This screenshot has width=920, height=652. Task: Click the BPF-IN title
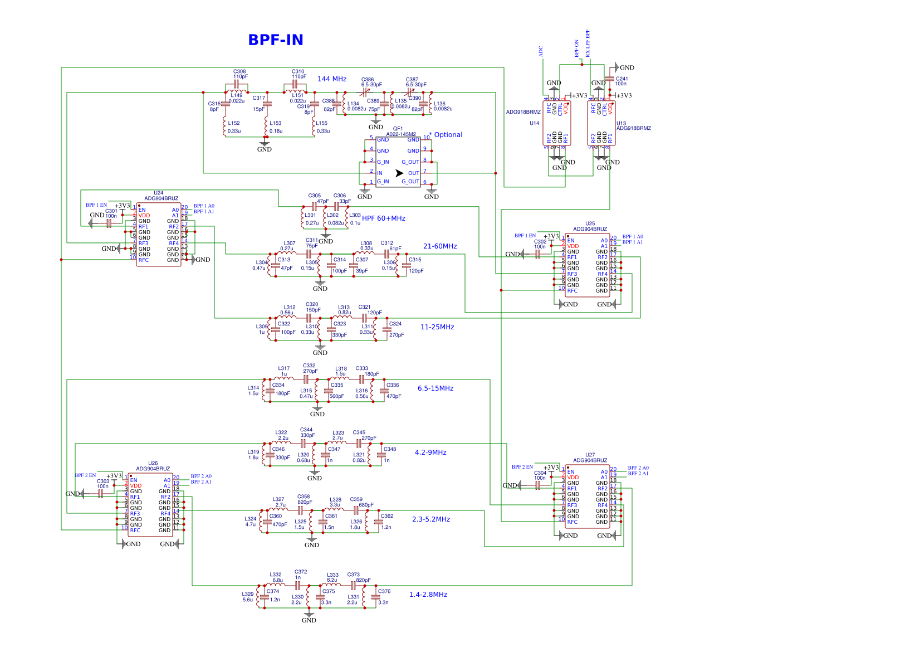tap(276, 40)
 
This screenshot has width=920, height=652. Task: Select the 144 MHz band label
tap(332, 79)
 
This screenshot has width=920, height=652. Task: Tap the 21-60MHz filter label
tap(439, 246)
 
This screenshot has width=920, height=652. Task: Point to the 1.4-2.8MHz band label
tap(428, 595)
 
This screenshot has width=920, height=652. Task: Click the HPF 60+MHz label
tap(384, 218)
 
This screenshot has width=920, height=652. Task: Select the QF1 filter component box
tap(398, 162)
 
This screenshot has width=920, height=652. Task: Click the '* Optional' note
tap(446, 135)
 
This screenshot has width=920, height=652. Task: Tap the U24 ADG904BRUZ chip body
tap(159, 235)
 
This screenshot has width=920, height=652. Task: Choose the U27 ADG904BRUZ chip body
tap(587, 497)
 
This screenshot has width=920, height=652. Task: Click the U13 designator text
tap(621, 123)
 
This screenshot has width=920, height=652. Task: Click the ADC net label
tap(541, 51)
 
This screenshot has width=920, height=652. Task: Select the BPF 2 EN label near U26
tap(85, 475)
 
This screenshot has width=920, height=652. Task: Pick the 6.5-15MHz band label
tap(435, 388)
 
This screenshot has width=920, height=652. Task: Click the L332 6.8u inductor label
tap(276, 577)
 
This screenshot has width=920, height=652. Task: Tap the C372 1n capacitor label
tap(301, 575)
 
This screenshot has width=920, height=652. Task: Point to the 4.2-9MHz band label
tap(430, 452)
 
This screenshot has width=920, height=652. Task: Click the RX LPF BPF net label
tap(588, 43)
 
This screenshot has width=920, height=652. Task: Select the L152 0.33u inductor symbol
tap(224, 126)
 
